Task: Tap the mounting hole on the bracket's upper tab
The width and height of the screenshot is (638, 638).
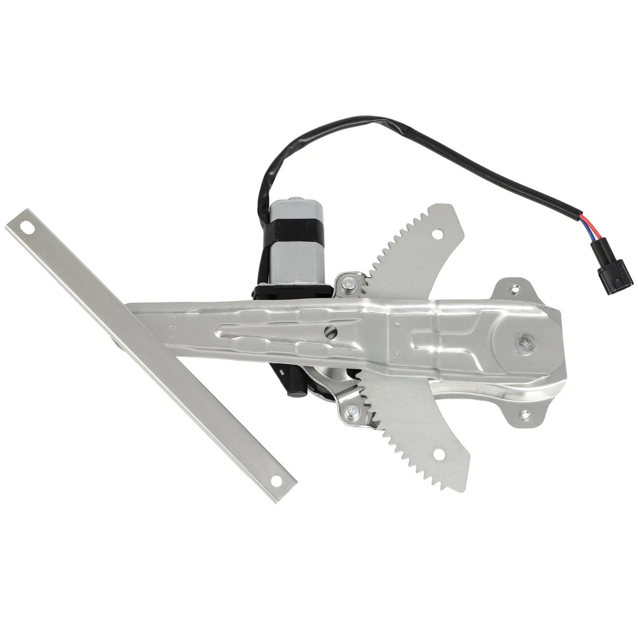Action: (x=515, y=286)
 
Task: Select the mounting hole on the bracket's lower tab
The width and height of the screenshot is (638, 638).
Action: (x=525, y=416)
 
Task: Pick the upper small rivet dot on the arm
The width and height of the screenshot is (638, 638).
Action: (x=396, y=324)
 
